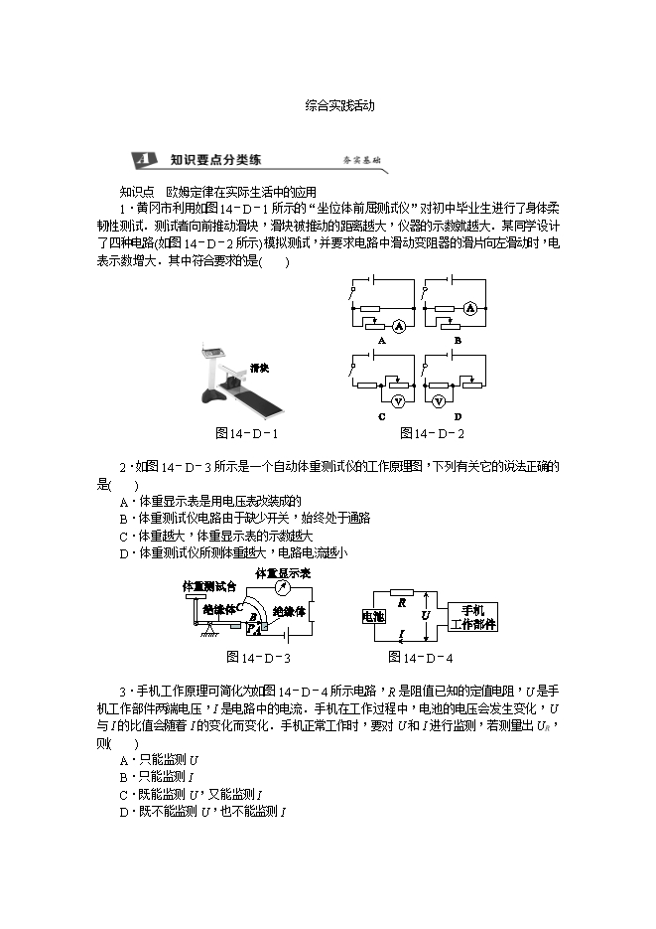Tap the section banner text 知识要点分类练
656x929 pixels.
point(214,159)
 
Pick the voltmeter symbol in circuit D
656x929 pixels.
point(471,400)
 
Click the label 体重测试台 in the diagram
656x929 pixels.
point(209,586)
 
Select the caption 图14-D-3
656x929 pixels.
point(258,657)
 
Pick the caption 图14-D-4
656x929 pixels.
point(421,657)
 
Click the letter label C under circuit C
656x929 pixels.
point(381,417)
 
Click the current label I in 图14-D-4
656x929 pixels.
point(401,633)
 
